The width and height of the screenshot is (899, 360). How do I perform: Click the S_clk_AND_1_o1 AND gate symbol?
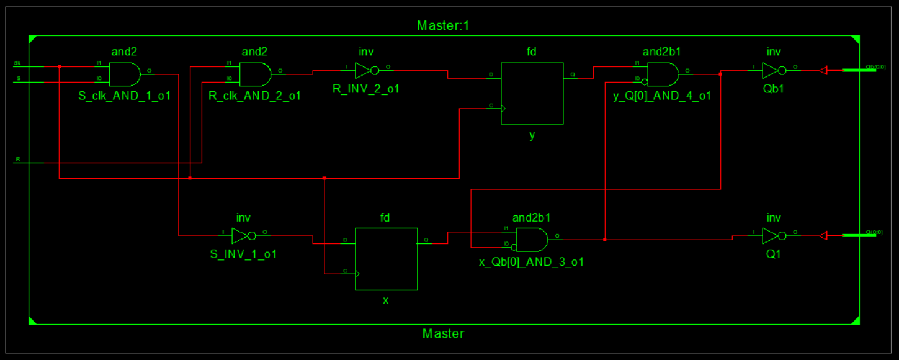(125, 74)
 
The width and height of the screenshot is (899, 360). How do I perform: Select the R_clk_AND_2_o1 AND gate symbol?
(255, 74)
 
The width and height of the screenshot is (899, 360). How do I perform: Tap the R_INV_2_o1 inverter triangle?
(364, 70)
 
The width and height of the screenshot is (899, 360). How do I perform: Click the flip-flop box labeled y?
(532, 93)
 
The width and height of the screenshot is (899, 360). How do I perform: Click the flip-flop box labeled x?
(385, 259)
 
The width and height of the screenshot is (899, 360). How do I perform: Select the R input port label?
(17, 160)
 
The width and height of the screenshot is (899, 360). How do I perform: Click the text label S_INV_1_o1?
(243, 254)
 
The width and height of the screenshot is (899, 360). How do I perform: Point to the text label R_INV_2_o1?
(366, 89)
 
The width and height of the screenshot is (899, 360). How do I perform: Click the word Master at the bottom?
(443, 333)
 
